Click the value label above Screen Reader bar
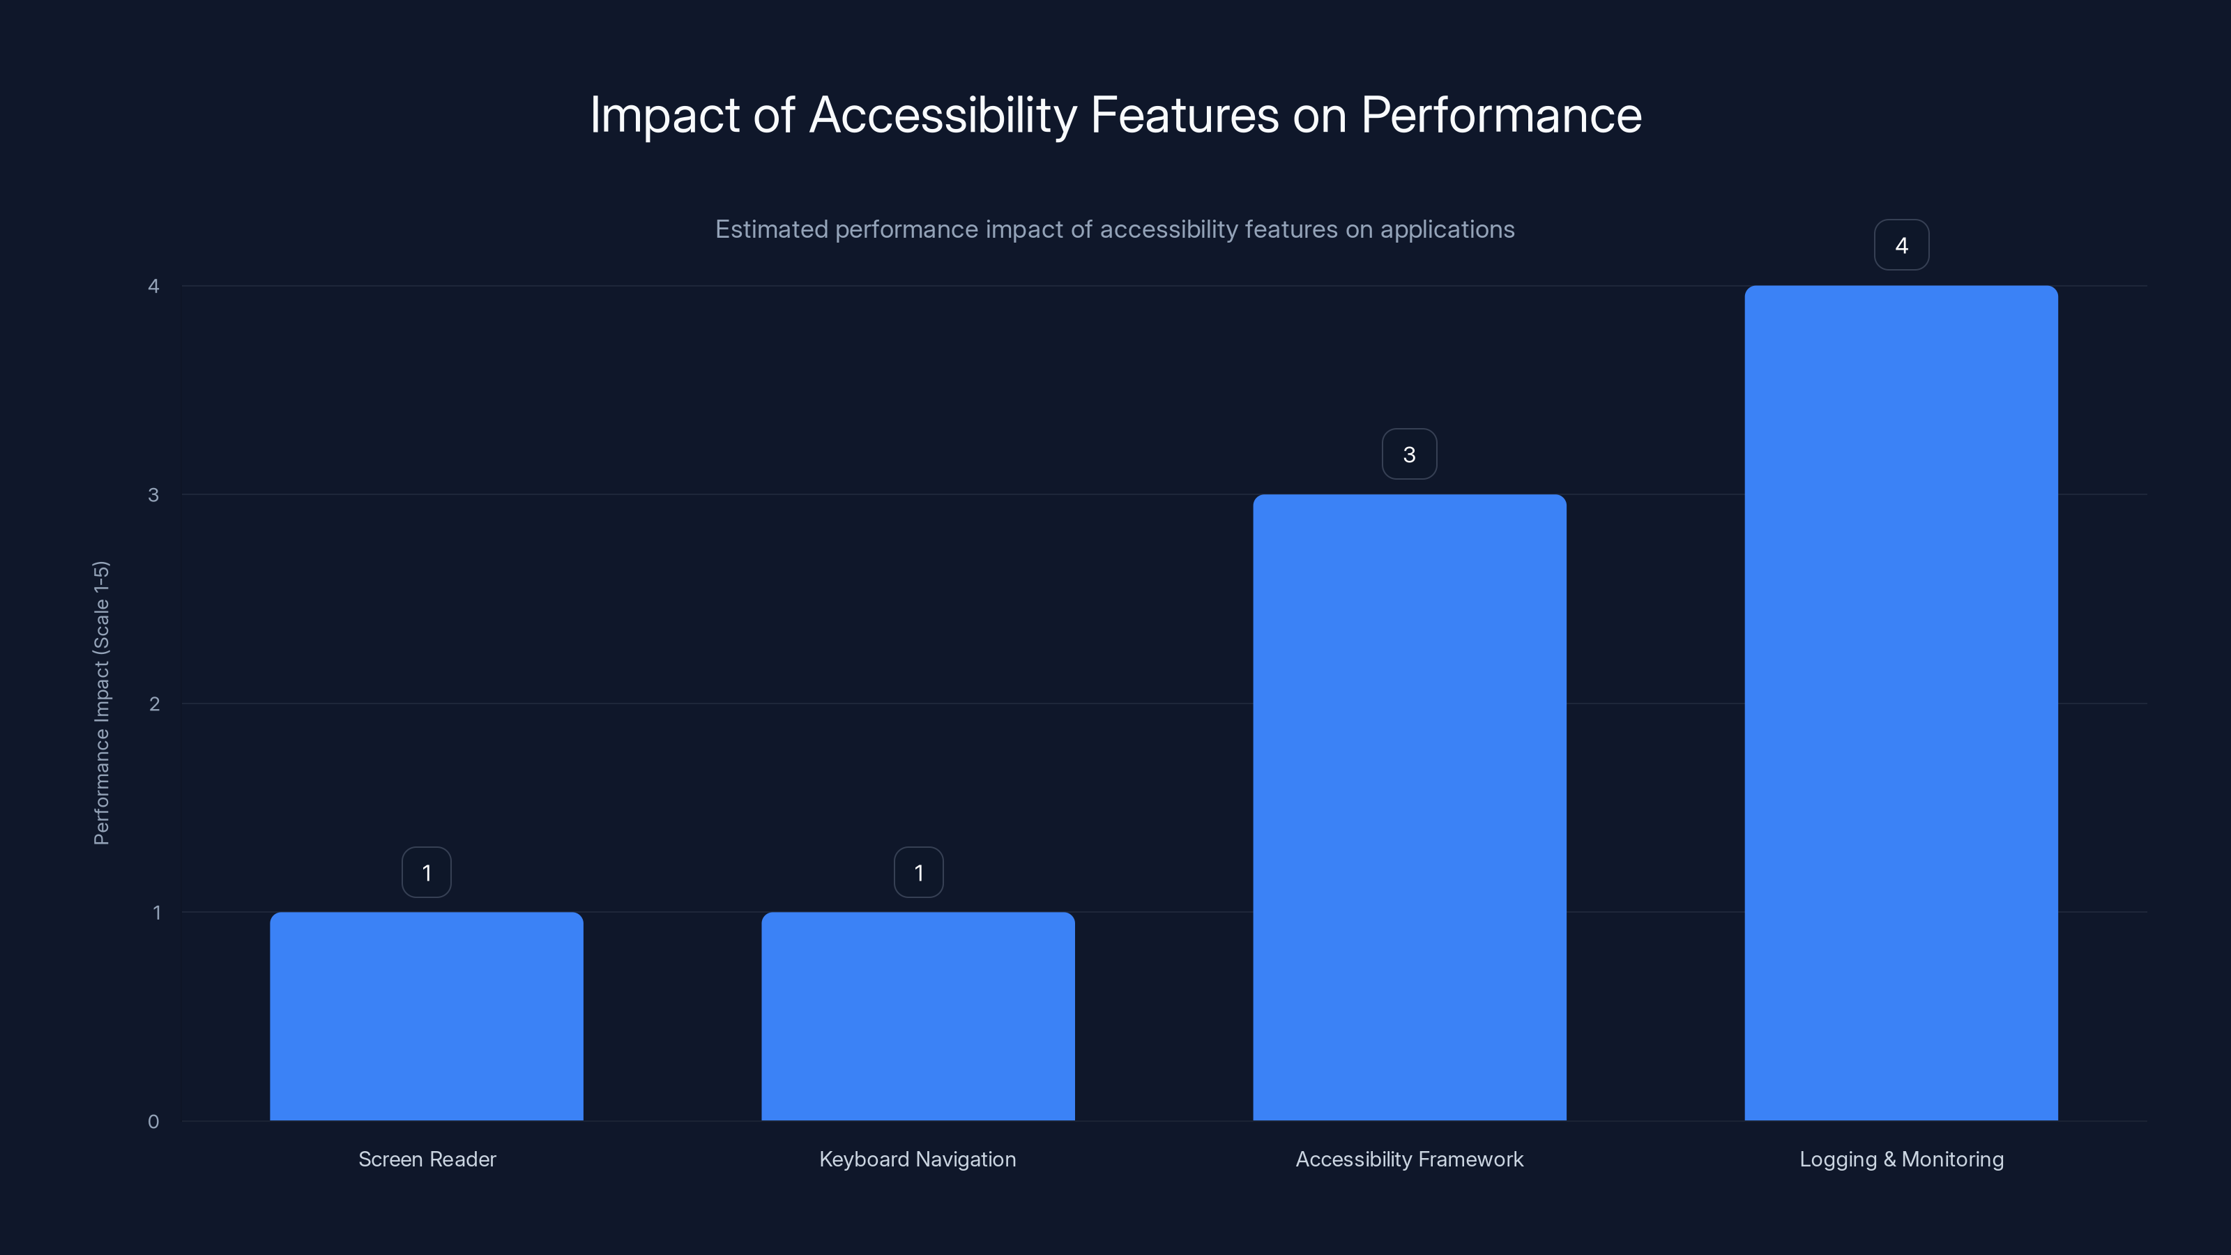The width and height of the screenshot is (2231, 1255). tap(426, 872)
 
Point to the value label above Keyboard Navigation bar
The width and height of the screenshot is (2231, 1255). tap(918, 872)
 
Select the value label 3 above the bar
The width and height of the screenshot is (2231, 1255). tap(1409, 454)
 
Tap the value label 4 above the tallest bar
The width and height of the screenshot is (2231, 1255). tap(1901, 245)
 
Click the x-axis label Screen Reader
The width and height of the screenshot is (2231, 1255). tap(427, 1159)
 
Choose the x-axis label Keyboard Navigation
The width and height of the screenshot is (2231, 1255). tap(917, 1159)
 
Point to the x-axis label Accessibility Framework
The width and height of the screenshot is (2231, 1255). tap(1409, 1159)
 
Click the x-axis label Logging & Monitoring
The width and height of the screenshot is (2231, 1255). tap(1901, 1159)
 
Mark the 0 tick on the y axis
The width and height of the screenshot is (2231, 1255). tap(153, 1122)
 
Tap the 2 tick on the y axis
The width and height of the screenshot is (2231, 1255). tap(154, 703)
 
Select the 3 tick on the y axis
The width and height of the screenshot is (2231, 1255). tap(153, 494)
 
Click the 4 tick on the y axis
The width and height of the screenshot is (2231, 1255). tap(153, 286)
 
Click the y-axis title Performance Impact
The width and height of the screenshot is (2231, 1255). tap(101, 702)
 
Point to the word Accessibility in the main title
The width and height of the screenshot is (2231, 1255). tap(943, 115)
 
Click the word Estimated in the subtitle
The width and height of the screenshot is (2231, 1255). tap(771, 229)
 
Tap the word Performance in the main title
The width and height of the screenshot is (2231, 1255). tap(1501, 115)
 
